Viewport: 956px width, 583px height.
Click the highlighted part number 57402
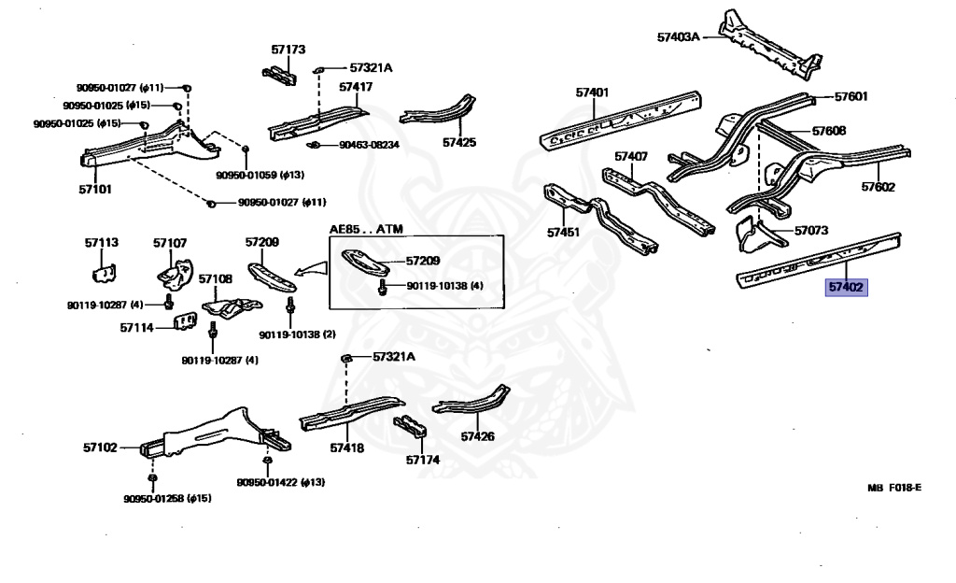tap(846, 288)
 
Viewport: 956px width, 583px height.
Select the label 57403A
tap(678, 37)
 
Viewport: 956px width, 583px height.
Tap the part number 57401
tap(592, 92)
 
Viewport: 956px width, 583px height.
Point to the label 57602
tap(878, 187)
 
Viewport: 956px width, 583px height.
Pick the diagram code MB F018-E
tap(893, 487)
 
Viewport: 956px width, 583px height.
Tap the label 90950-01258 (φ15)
tap(168, 498)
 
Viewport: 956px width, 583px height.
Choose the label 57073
tap(811, 230)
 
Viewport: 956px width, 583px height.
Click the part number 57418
tap(346, 448)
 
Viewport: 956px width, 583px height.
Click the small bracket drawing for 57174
tap(411, 431)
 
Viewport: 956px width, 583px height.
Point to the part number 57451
tap(563, 232)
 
